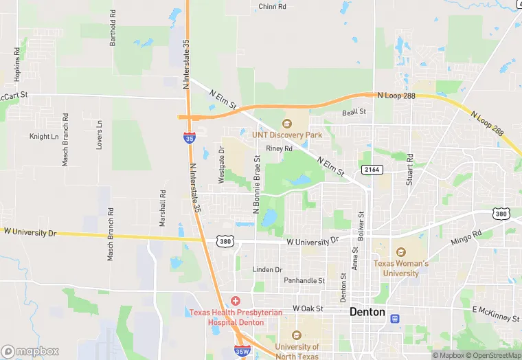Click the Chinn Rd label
[273, 7]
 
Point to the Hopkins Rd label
[17, 62]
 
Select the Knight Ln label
[44, 137]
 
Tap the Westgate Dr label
[221, 165]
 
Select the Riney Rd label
[280, 148]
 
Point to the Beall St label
[354, 111]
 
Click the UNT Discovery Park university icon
[287, 124]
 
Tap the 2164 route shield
[370, 169]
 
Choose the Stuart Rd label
[409, 170]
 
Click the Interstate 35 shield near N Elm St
[190, 138]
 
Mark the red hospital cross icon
[236, 301]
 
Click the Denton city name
[368, 311]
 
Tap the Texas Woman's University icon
[401, 252]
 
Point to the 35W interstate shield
[241, 351]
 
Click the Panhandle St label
[304, 280]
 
